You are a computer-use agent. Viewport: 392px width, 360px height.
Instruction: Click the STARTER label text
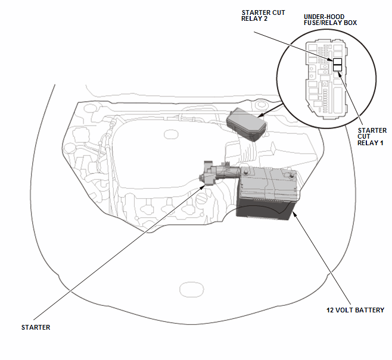coord(36,327)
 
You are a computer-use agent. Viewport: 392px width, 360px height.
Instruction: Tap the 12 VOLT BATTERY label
coord(355,310)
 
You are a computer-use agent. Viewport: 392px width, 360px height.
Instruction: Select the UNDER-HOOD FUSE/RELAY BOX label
coord(330,20)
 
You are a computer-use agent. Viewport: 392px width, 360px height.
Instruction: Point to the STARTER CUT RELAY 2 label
coord(263,15)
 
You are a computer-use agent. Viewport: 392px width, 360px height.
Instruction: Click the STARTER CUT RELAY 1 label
coord(372,136)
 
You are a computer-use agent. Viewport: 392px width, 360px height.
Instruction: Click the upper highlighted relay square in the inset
coord(338,62)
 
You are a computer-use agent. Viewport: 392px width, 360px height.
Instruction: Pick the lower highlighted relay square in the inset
coord(338,68)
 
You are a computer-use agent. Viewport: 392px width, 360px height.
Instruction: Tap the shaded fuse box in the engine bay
coord(246,124)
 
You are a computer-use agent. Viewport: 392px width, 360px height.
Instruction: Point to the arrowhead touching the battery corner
coord(295,214)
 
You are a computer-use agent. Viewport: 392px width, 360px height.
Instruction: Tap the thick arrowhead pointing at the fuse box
coord(261,115)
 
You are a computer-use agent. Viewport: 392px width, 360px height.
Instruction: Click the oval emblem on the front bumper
coord(191,289)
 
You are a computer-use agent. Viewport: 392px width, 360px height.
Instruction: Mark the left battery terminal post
coord(245,172)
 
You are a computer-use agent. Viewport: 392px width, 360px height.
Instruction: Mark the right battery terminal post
coord(291,176)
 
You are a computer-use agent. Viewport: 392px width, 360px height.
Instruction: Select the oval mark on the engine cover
coord(171,134)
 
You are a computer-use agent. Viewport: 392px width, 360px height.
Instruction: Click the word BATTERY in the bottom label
coord(369,310)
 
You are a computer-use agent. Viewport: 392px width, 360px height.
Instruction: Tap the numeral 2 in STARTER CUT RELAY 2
coord(265,18)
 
